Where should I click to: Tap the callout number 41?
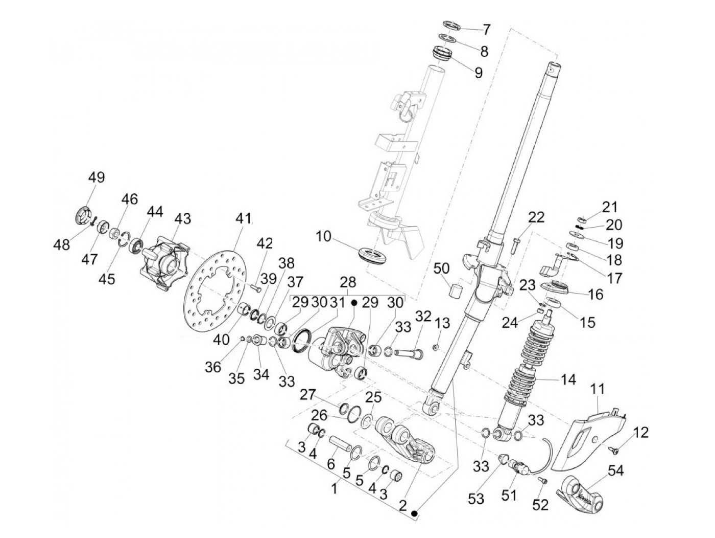(x=244, y=219)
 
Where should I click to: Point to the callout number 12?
(x=641, y=433)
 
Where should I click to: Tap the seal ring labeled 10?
(x=375, y=255)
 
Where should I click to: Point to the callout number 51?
(x=510, y=495)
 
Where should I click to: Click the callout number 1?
(x=334, y=489)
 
